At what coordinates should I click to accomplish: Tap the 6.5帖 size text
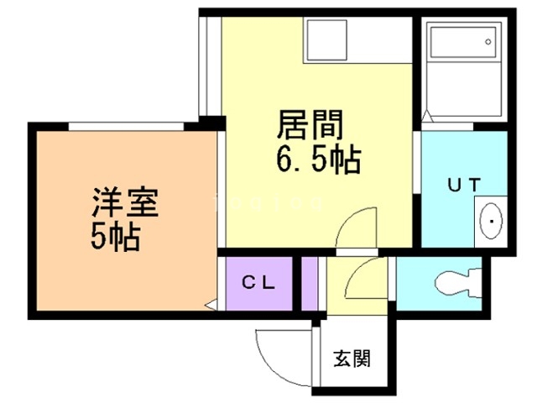[x=318, y=160]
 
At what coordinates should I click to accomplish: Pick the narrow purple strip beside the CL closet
[x=309, y=284]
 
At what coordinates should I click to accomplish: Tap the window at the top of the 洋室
[x=126, y=126]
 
